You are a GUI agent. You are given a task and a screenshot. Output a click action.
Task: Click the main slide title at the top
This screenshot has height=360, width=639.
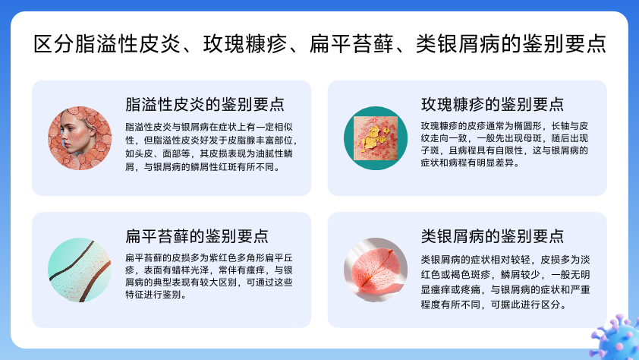coord(320,44)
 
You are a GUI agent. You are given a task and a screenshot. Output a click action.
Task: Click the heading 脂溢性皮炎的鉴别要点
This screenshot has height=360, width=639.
coord(205,104)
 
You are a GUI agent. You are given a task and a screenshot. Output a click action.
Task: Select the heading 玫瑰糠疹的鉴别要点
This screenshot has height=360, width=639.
coord(493,104)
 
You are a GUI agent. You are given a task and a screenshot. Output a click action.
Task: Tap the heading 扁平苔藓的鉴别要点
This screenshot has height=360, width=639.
coord(197,236)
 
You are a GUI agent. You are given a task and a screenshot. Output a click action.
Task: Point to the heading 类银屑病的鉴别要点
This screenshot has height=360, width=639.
coord(493,236)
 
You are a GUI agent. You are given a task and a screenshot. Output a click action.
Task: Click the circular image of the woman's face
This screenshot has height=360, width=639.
coord(80,138)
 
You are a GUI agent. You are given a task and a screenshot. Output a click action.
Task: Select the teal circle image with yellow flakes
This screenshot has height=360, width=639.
coord(376,138)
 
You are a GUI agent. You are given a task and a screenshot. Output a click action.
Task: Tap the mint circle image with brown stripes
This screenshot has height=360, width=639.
coord(80,270)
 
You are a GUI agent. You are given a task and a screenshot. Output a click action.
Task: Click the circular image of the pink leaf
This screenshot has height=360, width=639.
coord(376,270)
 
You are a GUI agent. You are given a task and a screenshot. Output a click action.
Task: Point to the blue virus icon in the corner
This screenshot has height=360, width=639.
coord(616,337)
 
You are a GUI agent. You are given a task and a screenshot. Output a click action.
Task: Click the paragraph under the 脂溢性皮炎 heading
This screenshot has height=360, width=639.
coord(211,147)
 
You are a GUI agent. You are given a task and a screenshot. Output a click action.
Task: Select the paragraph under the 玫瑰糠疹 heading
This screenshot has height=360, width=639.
coord(505,144)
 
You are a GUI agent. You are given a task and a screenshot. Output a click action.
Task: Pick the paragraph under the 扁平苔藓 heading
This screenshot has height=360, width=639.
coord(209,276)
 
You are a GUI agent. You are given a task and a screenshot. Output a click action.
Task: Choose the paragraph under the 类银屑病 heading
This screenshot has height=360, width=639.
coord(505,282)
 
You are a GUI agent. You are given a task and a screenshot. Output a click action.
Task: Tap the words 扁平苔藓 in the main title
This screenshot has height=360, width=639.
coord(351,44)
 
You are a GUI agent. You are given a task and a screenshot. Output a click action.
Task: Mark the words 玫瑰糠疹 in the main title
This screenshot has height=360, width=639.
coord(245,44)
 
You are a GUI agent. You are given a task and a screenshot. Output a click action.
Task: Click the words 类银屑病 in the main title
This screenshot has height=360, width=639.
coord(458,44)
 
